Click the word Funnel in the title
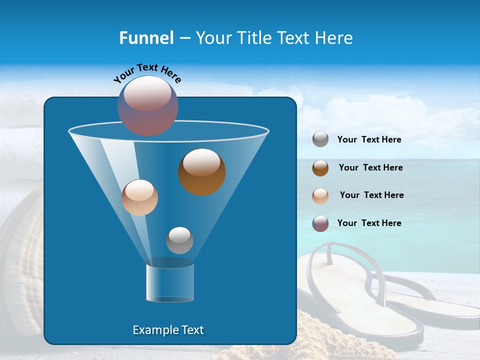click(146, 38)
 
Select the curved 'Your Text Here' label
click(147, 73)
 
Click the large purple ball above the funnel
click(147, 106)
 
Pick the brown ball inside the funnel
click(201, 172)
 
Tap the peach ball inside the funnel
click(139, 197)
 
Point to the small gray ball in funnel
click(179, 240)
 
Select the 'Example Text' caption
click(168, 330)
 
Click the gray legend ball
click(320, 139)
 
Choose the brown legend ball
click(320, 167)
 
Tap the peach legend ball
click(320, 195)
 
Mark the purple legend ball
click(320, 223)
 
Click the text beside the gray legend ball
click(369, 140)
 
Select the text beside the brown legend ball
click(370, 167)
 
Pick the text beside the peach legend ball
click(371, 195)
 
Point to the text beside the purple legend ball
click(369, 223)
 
